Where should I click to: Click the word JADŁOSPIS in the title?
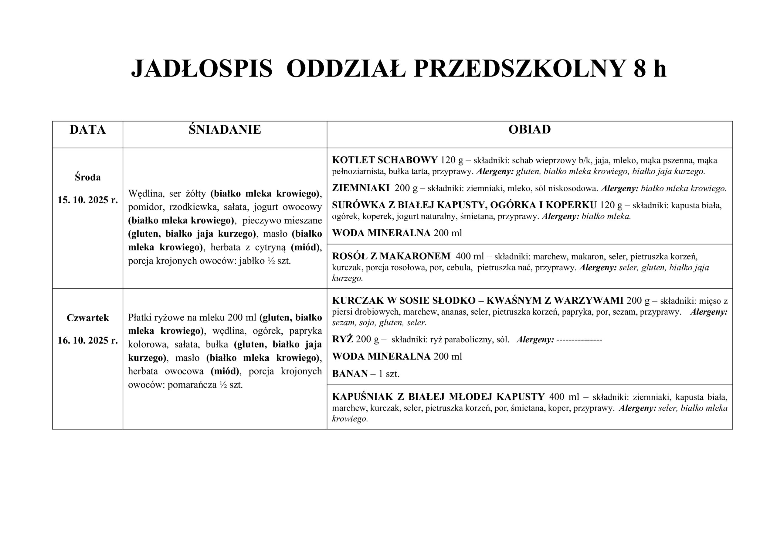click(202, 69)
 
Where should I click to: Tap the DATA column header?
click(88, 130)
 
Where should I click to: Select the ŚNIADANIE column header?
click(225, 130)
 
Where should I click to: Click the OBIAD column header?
click(530, 129)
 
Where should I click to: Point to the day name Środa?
click(88, 177)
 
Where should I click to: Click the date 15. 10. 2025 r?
click(88, 200)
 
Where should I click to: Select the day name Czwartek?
click(88, 318)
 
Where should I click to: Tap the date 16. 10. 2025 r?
click(88, 340)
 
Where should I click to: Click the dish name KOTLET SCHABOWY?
click(385, 160)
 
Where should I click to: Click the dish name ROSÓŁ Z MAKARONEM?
click(391, 256)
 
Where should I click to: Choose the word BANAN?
click(350, 374)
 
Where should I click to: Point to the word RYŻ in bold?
click(342, 339)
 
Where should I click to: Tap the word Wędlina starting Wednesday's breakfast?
click(146, 194)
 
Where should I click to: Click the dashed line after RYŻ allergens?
click(579, 340)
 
